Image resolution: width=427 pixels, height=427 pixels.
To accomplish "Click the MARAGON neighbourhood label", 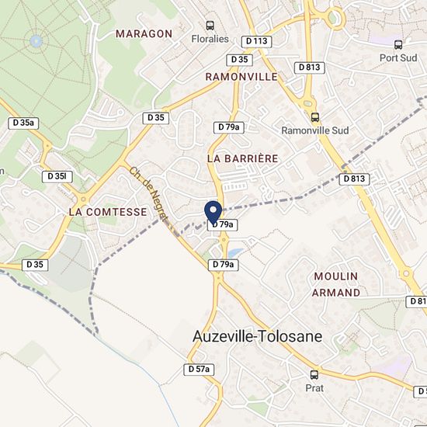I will [x=144, y=34].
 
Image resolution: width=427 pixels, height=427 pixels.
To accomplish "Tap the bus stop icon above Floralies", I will [x=209, y=25].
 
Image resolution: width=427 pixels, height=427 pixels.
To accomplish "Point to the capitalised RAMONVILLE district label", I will [x=241, y=77].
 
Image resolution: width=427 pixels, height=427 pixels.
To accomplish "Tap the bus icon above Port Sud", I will [x=398, y=45].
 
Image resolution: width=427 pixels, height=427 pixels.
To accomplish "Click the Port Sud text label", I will [x=398, y=57].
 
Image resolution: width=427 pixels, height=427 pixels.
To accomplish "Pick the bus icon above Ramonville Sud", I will [x=314, y=118].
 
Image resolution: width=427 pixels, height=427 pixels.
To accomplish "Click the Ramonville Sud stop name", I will [x=311, y=130].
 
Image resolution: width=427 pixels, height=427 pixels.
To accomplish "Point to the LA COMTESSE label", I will [x=107, y=211].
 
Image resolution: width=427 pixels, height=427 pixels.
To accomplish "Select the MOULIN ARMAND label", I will [x=336, y=284].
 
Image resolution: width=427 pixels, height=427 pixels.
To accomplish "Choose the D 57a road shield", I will [x=200, y=370].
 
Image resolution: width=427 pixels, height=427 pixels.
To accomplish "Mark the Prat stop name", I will [x=314, y=387].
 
